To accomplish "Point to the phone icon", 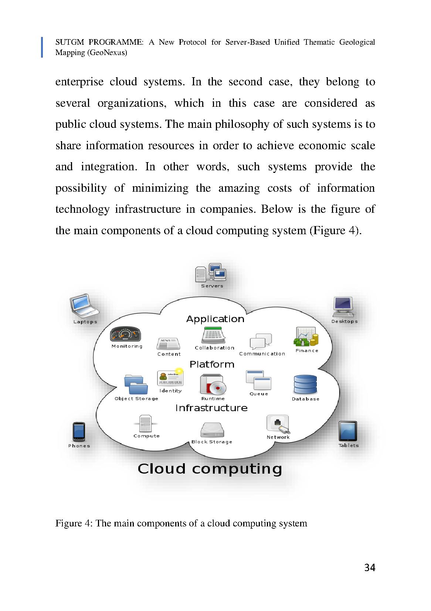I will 79,431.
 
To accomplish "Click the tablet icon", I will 348,431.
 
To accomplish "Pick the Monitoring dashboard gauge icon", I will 126,335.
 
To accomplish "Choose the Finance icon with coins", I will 306,337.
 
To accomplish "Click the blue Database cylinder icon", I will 305,385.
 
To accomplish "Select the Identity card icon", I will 170,378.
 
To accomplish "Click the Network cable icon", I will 278,424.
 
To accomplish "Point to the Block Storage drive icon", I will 212,430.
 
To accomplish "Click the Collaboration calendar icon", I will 214,335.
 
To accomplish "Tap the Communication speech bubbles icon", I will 261,341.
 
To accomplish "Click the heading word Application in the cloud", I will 215,319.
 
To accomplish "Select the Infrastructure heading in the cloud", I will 211,408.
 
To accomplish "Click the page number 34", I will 370,567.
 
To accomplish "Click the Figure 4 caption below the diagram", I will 181,523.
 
